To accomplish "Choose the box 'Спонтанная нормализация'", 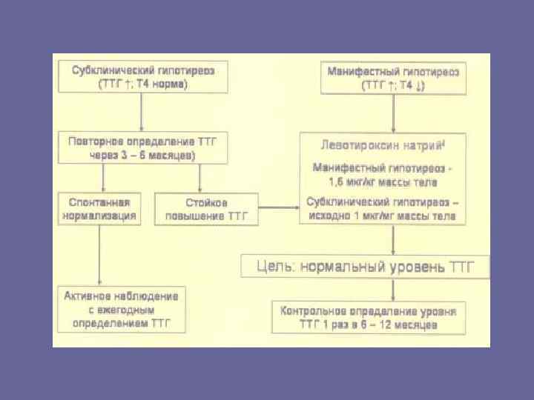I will point(99,209).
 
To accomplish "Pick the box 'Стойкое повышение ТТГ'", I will point(206,209).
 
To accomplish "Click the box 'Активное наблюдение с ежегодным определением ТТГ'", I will point(122,310).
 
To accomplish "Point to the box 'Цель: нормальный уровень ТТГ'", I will point(365,266).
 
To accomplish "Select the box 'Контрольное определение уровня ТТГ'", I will point(369,317).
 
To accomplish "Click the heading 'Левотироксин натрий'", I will point(372,144).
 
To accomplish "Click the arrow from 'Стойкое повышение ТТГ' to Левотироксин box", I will point(279,209).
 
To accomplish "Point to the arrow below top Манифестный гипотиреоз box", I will point(393,113).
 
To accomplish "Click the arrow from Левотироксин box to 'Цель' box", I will point(392,239).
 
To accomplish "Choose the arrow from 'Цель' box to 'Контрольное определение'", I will point(392,289).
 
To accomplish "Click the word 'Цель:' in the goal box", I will point(272,266).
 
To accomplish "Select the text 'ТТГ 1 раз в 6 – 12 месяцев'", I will point(369,324).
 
